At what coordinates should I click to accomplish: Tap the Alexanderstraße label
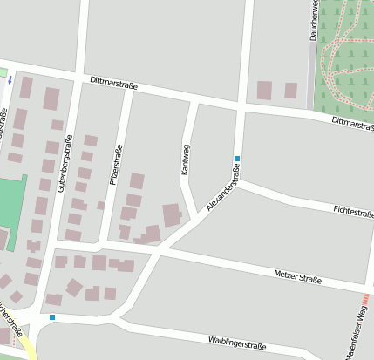click(223, 186)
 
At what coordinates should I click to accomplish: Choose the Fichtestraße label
click(353, 211)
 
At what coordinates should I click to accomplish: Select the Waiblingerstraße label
click(237, 343)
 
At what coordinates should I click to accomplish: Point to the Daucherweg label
click(312, 21)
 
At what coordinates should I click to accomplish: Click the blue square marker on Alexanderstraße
click(236, 159)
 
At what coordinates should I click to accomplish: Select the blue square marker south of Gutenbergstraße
click(52, 317)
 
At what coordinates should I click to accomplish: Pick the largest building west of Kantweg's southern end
click(173, 214)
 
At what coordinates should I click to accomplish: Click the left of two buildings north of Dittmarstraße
click(264, 90)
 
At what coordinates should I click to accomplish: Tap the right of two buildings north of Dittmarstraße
click(290, 90)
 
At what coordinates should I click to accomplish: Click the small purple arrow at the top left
click(10, 79)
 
